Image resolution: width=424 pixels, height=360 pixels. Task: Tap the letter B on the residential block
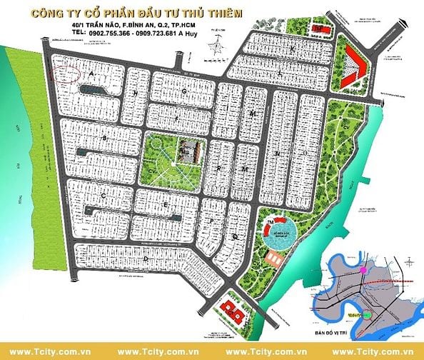tap(105, 137)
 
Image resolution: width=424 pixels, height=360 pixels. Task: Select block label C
tap(104, 194)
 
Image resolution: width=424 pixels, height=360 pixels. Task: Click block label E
tap(166, 204)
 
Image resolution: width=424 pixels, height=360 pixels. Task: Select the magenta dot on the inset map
tap(363, 271)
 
